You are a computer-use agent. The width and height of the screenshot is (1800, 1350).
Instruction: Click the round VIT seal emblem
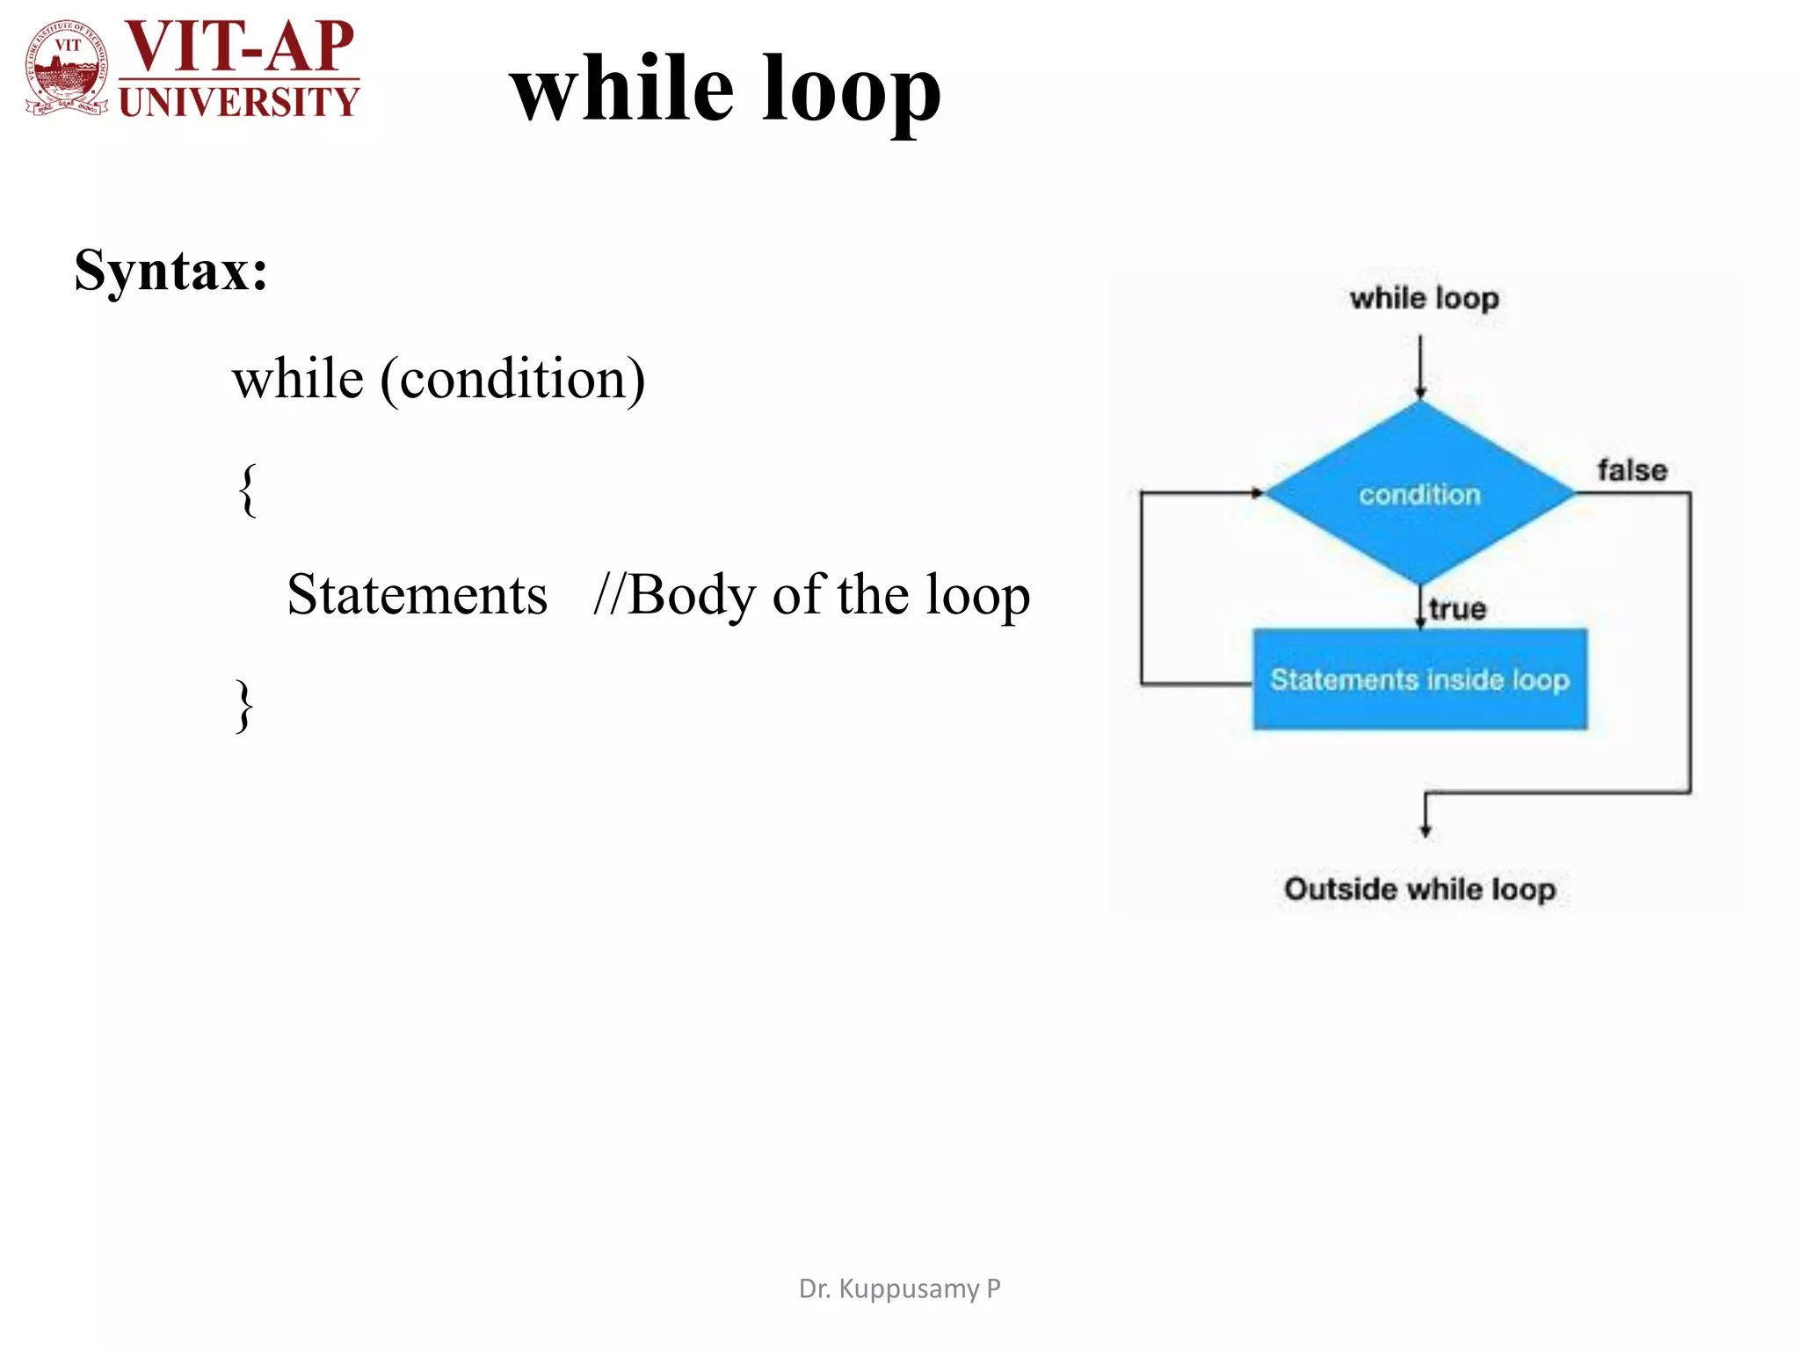tap(67, 69)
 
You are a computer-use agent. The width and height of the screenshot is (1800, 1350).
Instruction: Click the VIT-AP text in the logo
tap(239, 46)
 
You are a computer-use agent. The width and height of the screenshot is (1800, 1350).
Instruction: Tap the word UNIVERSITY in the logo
tap(239, 102)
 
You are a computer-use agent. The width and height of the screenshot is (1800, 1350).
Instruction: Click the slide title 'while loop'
tap(725, 88)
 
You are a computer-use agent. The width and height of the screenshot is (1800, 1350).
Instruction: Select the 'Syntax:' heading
tap(171, 270)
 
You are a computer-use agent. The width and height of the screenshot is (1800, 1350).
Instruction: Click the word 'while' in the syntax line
tap(298, 380)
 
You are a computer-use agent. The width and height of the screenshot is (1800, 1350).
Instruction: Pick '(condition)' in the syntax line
tap(512, 380)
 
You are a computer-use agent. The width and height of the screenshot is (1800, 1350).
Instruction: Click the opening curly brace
tap(248, 490)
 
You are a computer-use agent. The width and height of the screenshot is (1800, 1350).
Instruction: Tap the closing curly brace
tap(244, 705)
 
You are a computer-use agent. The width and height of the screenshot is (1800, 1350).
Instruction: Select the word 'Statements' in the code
tap(417, 595)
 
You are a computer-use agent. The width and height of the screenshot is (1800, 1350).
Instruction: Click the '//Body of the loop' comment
tap(811, 595)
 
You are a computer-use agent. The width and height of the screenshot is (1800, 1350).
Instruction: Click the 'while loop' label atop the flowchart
tap(1424, 299)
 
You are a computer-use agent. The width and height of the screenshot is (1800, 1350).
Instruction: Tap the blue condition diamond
tap(1419, 494)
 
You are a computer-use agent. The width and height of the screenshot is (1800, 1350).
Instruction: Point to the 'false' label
tap(1631, 470)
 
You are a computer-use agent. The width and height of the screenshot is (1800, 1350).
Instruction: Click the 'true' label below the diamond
tap(1457, 609)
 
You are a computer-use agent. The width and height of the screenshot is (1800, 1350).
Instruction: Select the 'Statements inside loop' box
tap(1419, 679)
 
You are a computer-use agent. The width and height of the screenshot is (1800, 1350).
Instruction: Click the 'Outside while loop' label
tap(1419, 889)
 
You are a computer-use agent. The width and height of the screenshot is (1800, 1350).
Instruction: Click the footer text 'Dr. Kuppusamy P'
tap(899, 1288)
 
